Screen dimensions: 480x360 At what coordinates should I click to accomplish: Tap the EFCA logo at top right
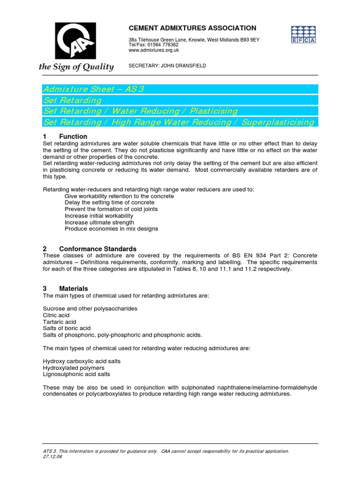coord(304,34)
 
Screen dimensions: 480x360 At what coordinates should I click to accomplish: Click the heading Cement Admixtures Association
coord(192,28)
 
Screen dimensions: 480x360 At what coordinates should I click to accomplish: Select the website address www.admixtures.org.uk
coord(154,50)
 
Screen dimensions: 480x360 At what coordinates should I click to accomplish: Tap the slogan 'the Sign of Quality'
coord(76,67)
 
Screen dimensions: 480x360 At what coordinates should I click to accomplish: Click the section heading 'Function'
coord(73,136)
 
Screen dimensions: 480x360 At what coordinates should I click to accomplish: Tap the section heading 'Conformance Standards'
coord(97,249)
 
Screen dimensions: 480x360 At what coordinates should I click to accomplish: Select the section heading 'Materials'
coord(73,288)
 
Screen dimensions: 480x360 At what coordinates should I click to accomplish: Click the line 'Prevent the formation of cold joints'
coord(111,209)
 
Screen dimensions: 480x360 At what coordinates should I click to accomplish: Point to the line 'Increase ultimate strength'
coord(99,222)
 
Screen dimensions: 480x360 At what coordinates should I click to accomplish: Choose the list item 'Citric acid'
coord(56,315)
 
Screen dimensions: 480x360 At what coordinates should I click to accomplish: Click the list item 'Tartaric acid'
coord(59,322)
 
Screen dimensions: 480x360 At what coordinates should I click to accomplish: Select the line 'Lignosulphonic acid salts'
coord(76,375)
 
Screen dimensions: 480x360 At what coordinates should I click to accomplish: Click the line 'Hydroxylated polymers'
coord(74,368)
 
